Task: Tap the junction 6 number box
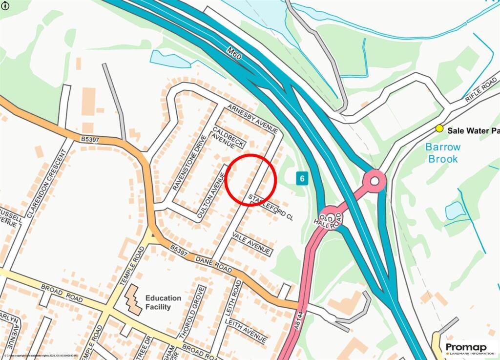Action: (x=302, y=179)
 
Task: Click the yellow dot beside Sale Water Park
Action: (x=439, y=128)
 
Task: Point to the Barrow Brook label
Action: (x=443, y=153)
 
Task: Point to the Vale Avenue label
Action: (x=251, y=243)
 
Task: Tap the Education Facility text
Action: (x=163, y=302)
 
